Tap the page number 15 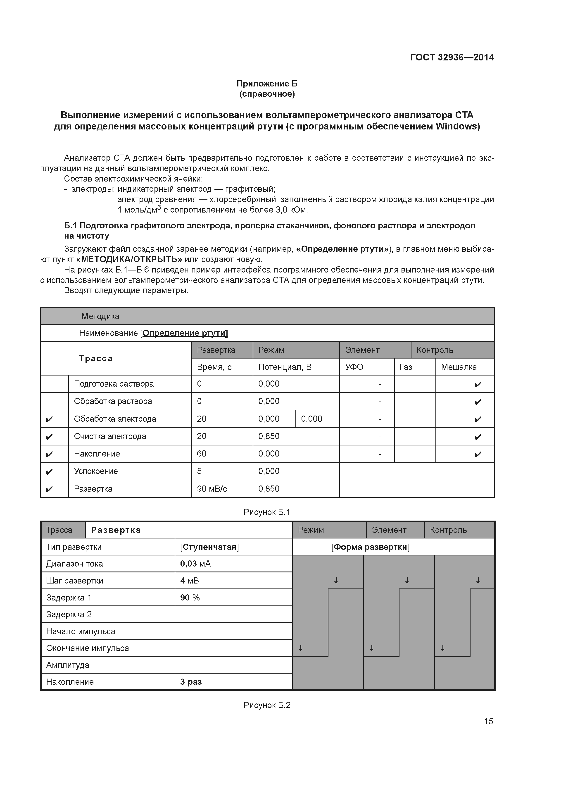tap(488, 721)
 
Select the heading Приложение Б tap(267, 84)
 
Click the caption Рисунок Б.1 tap(267, 512)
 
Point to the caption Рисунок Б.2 tap(267, 705)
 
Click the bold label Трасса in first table tap(96, 358)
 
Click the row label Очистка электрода tap(110, 436)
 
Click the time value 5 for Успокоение tap(200, 471)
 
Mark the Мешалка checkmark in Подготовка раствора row tap(478, 384)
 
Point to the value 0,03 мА tap(195, 564)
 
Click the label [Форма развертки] tap(370, 547)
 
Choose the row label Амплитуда tap(68, 665)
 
